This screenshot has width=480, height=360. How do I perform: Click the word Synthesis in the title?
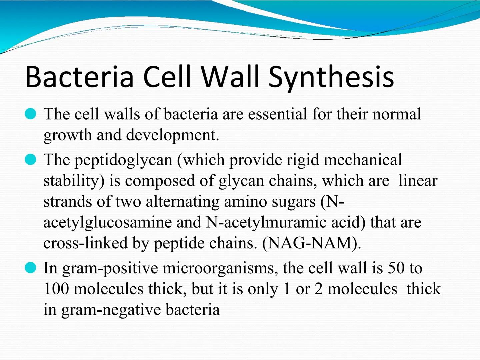click(331, 77)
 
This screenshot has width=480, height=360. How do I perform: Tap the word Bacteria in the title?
click(79, 77)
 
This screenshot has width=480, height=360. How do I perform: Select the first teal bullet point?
click(30, 114)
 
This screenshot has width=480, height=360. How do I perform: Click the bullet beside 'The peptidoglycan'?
click(30, 160)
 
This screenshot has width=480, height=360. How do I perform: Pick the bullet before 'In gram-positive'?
click(30, 268)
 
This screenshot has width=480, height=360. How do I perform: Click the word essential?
click(277, 114)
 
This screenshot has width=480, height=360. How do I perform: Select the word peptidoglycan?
click(123, 160)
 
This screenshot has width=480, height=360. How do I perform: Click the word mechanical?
click(363, 160)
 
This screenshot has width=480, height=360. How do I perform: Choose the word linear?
click(418, 181)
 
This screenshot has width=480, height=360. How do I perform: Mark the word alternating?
click(182, 202)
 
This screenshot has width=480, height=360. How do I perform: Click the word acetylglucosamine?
click(107, 223)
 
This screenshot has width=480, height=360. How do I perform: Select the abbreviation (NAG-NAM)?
click(312, 243)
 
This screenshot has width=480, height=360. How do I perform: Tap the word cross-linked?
click(85, 243)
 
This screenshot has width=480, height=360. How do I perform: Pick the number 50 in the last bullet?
click(396, 268)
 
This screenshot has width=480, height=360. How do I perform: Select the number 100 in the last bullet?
click(56, 289)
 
